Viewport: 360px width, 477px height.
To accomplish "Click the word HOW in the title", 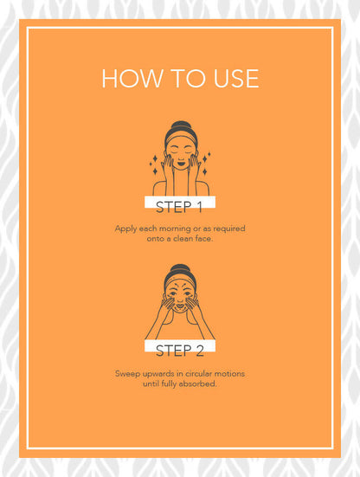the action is [132, 79].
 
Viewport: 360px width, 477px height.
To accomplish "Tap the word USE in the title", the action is [236, 79].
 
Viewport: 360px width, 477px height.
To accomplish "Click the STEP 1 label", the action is [179, 207].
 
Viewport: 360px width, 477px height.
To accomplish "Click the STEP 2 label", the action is [180, 351].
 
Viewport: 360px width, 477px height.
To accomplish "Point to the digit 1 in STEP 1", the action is [199, 207].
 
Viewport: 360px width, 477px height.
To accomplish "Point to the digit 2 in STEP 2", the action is [200, 351].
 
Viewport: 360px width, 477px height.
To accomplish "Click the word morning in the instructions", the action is [175, 229].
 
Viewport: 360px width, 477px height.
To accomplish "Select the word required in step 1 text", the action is [229, 229].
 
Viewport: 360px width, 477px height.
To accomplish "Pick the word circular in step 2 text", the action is [198, 374].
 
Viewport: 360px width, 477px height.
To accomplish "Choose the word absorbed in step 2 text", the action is [198, 384].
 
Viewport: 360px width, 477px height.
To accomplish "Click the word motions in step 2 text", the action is [229, 374].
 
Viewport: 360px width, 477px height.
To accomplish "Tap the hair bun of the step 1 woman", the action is [181, 125].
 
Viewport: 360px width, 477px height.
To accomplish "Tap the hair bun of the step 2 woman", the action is [180, 268].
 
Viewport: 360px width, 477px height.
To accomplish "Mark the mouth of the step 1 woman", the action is [181, 164].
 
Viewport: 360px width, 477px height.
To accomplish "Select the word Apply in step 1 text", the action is [125, 229].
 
